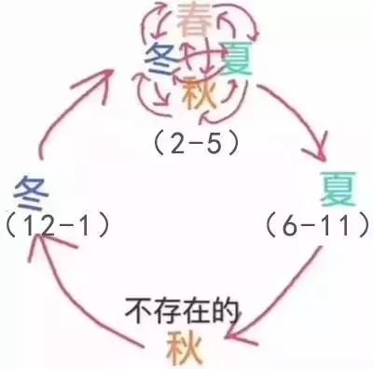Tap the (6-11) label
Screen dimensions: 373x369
tap(312, 224)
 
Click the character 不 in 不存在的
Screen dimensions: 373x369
tap(138, 306)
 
